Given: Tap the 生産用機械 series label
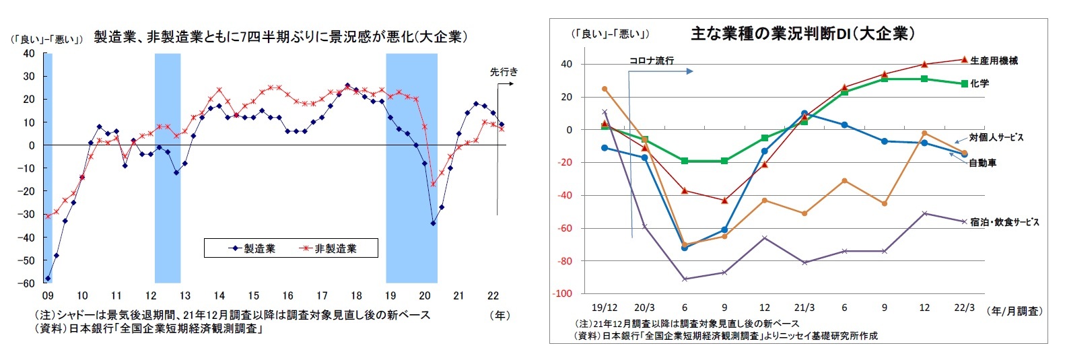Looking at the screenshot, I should point(994,61).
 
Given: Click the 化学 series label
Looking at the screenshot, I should point(980,83).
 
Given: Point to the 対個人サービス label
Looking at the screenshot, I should point(996,137).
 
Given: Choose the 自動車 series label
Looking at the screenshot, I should point(983,163).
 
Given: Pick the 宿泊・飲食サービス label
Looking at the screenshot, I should point(1004,222).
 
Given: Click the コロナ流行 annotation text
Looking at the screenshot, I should point(651,61).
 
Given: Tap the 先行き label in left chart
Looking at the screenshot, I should point(504,71).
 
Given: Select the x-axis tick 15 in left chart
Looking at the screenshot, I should point(253,295).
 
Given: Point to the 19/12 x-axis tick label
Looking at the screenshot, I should point(604,308).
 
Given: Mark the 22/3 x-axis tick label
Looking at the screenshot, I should point(964,308).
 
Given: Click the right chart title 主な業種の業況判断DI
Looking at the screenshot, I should point(802,34).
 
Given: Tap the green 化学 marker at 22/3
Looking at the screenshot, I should point(965,84).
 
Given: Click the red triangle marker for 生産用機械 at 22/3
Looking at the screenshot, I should point(965,59).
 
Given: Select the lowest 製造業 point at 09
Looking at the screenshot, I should point(48,278).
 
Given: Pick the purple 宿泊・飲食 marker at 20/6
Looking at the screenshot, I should point(685,279).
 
